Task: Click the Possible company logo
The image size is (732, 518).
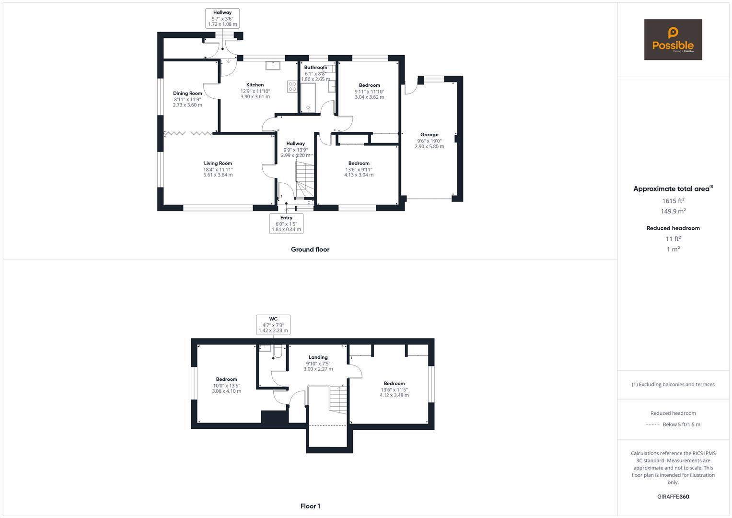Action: pos(673,40)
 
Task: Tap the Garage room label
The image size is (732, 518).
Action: pos(429,135)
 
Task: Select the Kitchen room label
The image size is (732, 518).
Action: pos(255,85)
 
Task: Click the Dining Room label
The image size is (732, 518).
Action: pos(187,94)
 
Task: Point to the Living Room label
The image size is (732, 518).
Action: pos(218,164)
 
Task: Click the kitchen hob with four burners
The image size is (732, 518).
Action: pos(292,86)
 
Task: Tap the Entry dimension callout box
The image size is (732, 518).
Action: pos(286,224)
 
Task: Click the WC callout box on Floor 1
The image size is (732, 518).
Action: pos(273,325)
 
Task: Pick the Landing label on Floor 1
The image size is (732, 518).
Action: pos(318,357)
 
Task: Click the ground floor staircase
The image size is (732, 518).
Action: pos(304,180)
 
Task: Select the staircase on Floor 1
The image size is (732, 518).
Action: pos(338,400)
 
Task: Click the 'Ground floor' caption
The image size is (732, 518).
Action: pos(310,249)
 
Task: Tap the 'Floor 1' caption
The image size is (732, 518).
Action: pos(310,506)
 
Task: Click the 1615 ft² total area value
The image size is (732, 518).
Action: pos(673,201)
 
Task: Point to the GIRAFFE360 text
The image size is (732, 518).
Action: pos(673,497)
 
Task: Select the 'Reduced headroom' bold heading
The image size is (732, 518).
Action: pos(673,228)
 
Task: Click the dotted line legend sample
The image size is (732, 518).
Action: pos(652,424)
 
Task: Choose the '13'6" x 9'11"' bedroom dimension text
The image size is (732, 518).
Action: pos(359,169)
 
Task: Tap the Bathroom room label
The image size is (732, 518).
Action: pos(315,68)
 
